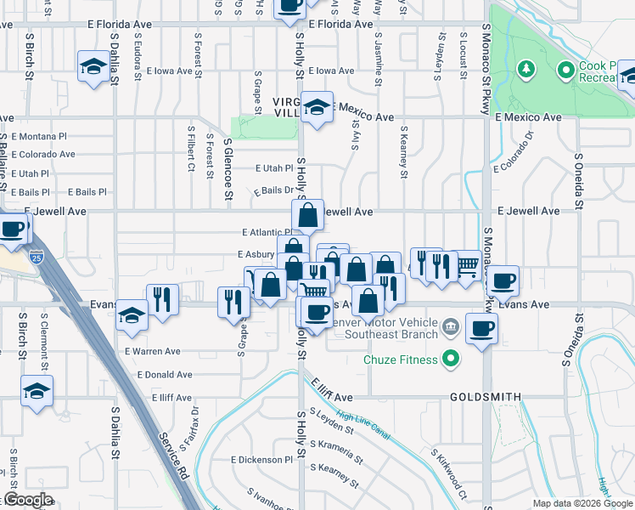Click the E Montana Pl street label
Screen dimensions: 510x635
coord(39,136)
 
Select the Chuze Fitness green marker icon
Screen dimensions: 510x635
coord(451,359)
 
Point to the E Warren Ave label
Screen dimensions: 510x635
coord(153,351)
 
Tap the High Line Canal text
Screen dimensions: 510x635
coord(363,425)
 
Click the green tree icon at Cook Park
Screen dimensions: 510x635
coord(527,67)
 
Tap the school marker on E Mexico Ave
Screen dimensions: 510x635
coord(317,108)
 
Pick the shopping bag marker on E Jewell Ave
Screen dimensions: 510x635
coord(308,215)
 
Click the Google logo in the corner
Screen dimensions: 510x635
coord(28,500)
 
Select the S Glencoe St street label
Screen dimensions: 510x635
coord(228,171)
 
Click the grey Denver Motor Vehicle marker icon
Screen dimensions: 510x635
coord(451,326)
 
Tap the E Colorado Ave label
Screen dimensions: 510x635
coord(42,155)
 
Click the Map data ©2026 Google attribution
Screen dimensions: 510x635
coord(582,503)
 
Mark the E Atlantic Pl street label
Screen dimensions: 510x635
coord(267,232)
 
